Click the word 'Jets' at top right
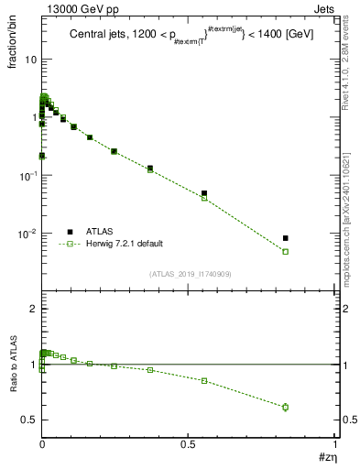point(325,8)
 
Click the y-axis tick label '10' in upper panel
point(29,59)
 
